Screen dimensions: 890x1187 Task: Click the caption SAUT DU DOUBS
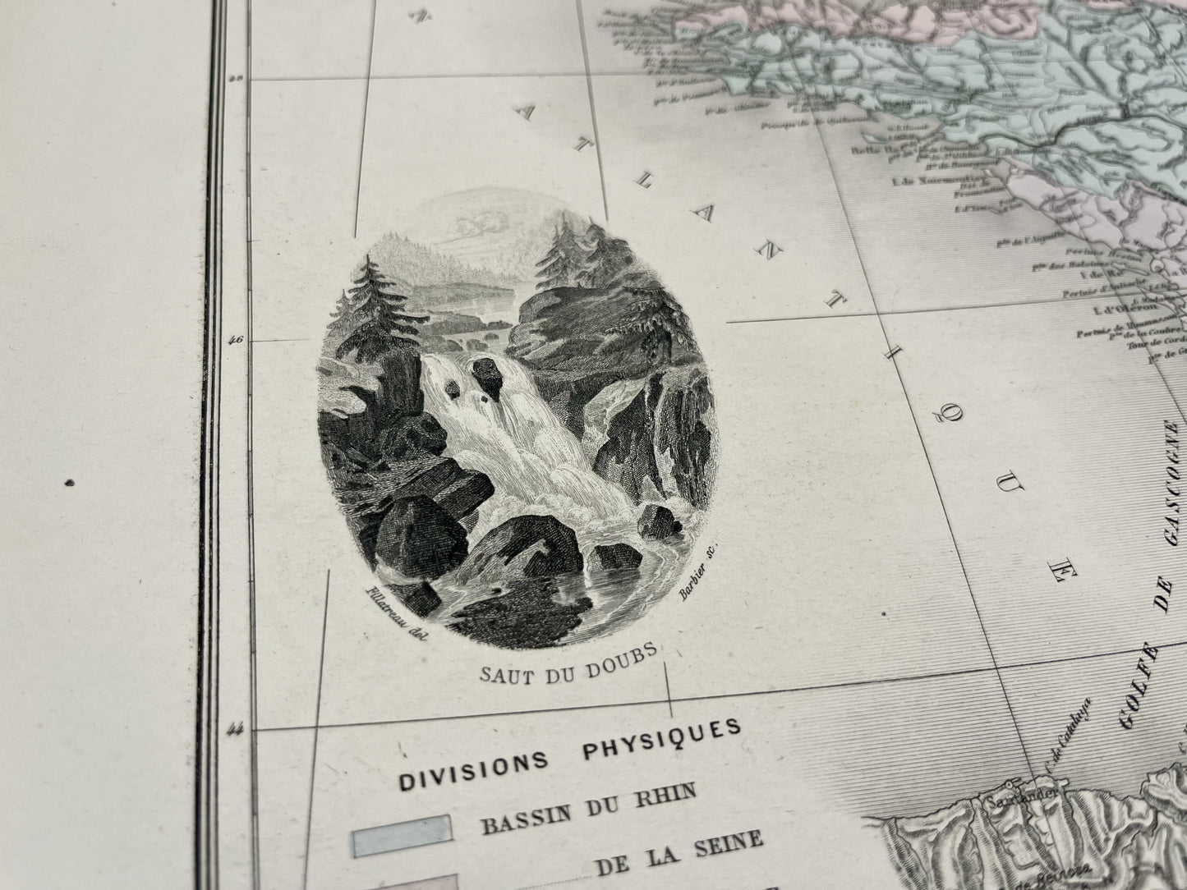(566, 664)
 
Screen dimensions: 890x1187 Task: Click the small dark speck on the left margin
(71, 483)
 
